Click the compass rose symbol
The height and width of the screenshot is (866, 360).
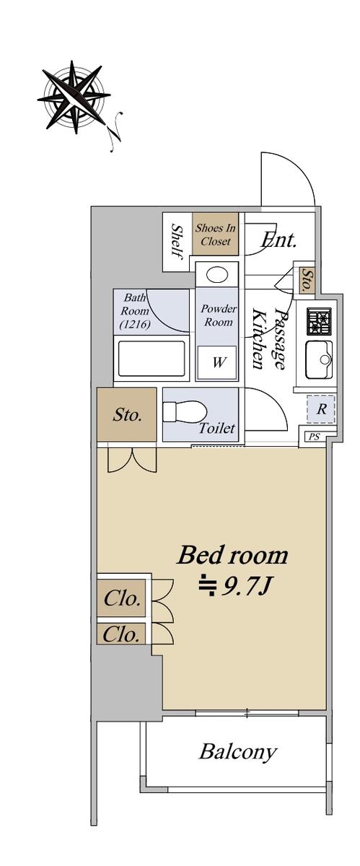(74, 97)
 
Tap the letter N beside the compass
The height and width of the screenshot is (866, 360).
(115, 131)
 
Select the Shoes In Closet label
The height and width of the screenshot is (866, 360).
(216, 235)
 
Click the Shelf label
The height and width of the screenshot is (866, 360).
(177, 242)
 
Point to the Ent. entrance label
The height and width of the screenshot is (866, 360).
(278, 240)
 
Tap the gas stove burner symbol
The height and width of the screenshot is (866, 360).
(319, 321)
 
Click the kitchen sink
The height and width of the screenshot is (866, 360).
(319, 360)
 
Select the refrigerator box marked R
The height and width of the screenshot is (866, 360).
(320, 409)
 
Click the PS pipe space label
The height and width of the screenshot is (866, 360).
(315, 437)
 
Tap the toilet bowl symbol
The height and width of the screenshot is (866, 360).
(183, 412)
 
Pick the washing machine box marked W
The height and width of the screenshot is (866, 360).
(217, 362)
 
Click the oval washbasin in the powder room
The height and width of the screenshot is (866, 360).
(216, 275)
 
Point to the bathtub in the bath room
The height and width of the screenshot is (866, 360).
(152, 358)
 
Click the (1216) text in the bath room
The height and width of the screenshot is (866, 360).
(135, 324)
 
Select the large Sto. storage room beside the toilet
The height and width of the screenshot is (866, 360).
(127, 414)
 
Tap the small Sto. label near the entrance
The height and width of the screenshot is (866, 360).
(307, 280)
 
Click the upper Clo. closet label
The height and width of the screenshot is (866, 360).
(121, 598)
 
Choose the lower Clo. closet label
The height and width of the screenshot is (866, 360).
(121, 634)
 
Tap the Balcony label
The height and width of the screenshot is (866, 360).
(238, 752)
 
